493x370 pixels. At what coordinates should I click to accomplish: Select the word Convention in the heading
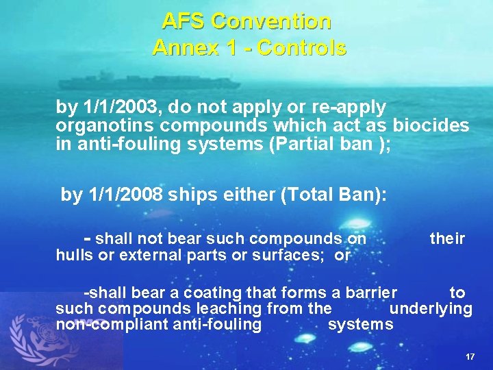click(x=272, y=22)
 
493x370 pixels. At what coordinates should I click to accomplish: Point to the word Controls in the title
click(x=302, y=48)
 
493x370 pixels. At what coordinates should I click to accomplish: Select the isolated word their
click(x=447, y=238)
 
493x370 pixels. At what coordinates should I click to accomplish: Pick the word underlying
click(x=431, y=308)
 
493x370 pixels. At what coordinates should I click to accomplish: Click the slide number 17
click(x=470, y=358)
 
